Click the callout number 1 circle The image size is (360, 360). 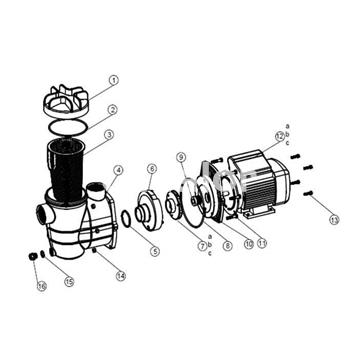click(113, 79)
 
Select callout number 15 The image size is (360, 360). click(69, 282)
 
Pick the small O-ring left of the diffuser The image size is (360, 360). click(125, 218)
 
